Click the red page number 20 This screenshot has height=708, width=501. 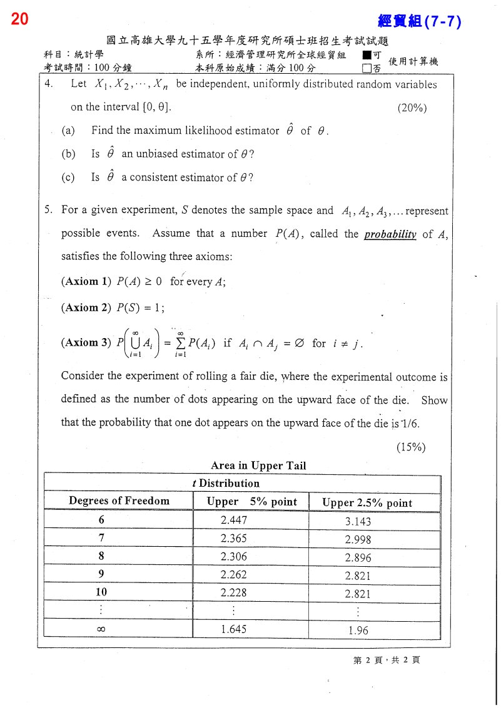[19, 19]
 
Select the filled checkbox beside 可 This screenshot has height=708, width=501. [367, 55]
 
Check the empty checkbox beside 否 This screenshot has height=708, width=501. [367, 68]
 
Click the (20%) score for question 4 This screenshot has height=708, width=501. [412, 107]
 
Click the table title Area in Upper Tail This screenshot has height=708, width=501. [258, 466]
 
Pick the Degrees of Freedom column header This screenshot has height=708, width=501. [119, 501]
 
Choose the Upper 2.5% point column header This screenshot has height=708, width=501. [367, 503]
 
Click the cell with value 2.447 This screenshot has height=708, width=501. [234, 520]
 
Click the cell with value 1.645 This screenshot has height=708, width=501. [234, 629]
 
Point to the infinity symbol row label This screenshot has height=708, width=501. [101, 629]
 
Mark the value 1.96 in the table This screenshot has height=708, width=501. [358, 631]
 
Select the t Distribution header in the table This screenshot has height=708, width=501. [225, 483]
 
